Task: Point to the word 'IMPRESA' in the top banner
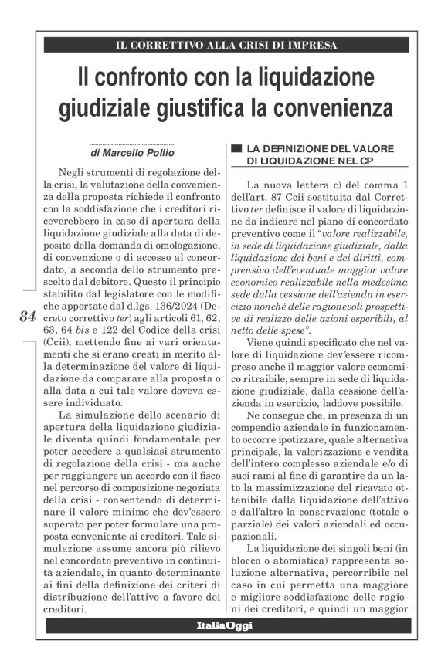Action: point(317,45)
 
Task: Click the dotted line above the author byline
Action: point(131,143)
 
